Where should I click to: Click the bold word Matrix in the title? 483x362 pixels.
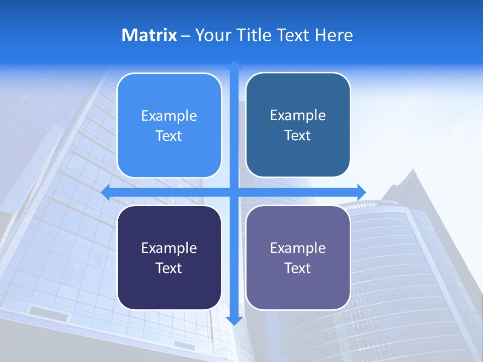(149, 35)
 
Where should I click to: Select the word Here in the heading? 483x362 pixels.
(334, 35)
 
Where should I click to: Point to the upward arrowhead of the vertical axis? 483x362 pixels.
(234, 65)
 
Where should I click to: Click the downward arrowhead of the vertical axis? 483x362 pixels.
(234, 321)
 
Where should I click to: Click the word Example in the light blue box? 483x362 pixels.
(169, 116)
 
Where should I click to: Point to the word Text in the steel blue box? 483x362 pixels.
(298, 136)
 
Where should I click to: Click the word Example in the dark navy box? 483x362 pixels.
(169, 248)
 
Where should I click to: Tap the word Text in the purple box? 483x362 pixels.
(298, 268)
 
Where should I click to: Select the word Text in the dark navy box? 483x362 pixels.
(169, 268)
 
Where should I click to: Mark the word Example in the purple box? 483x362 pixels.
(298, 248)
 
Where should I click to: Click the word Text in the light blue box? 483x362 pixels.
(169, 136)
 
